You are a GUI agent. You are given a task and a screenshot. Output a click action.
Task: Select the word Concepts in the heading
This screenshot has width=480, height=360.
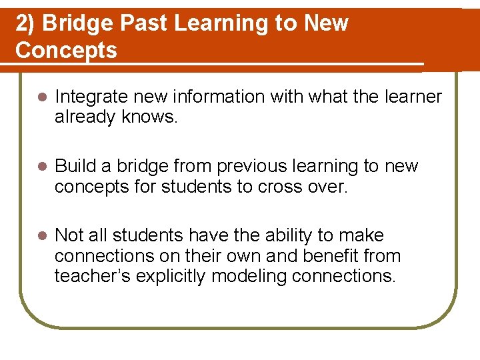coord(66,50)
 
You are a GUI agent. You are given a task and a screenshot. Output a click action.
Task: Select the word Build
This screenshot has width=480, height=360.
coord(75,166)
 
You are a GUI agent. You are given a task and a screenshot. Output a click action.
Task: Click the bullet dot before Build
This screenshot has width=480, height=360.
coord(41,167)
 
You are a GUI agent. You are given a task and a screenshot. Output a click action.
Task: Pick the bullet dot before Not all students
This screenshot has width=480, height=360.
coord(41,236)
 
